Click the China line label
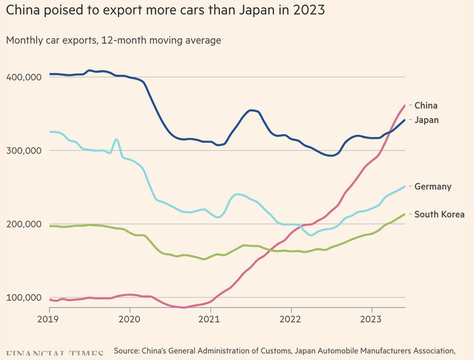click(425, 105)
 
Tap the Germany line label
click(433, 187)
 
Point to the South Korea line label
click(439, 214)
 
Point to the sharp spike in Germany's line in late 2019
click(116, 139)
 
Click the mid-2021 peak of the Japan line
click(253, 110)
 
